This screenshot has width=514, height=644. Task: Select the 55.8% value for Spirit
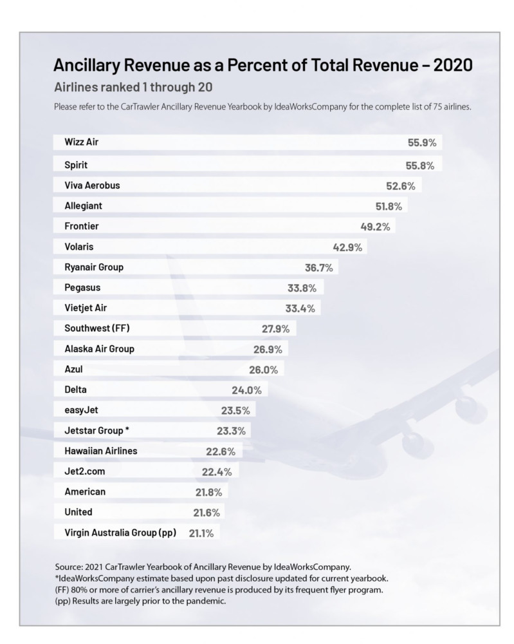420,165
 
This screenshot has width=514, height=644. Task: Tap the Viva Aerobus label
93,185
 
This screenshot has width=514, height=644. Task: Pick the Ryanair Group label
94,267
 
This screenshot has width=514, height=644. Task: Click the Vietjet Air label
86,308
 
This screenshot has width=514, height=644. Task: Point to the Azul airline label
74,370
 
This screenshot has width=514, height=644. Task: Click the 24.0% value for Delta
247,390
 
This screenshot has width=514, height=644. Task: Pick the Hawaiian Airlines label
101,451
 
